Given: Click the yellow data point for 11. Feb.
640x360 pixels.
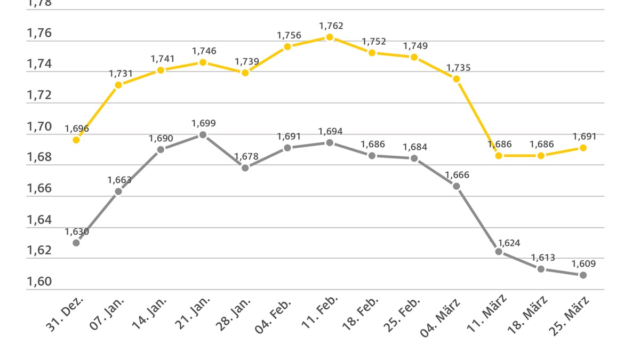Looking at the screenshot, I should coord(330,37).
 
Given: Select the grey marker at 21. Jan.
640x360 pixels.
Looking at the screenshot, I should coord(203,135).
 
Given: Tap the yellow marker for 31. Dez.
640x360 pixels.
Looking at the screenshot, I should coord(76,140).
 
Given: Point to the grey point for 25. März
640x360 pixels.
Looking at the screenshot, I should coord(583,275).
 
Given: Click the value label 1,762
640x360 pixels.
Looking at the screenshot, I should coord(331,26).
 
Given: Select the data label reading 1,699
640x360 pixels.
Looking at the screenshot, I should coord(204,123).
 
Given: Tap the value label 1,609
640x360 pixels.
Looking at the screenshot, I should coord(583,263).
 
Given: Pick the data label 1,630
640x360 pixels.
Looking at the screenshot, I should coord(77,231).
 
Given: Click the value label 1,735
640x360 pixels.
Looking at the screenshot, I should coord(458,68).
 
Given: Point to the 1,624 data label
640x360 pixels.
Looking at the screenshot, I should coord(508,243).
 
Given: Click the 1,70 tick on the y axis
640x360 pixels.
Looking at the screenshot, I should coord(39,127).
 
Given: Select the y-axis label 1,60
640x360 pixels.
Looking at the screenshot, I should coord(39,282).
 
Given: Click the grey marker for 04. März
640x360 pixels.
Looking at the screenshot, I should coord(457,186).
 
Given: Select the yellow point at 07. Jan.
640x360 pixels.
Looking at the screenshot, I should coord(118,85).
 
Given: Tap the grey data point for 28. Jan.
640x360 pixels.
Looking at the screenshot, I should coord(245,167).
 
